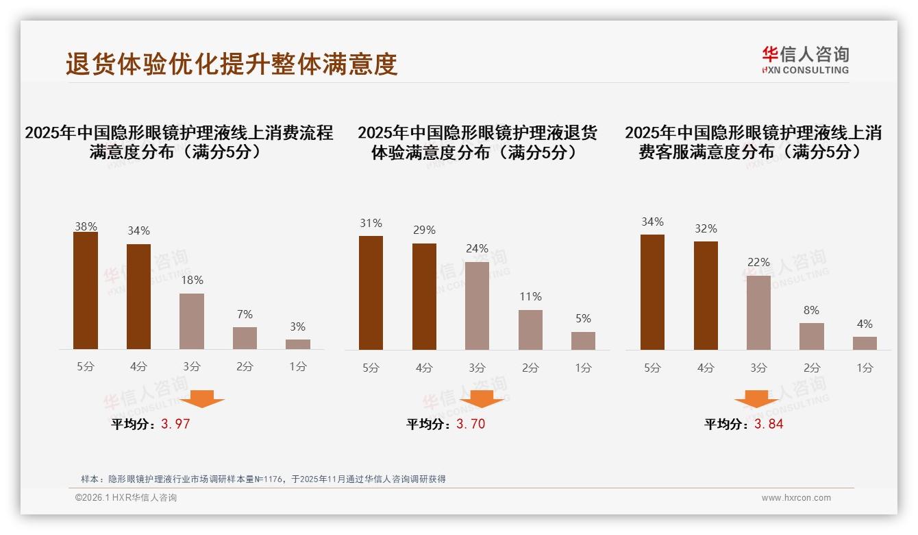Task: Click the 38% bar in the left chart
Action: (x=86, y=291)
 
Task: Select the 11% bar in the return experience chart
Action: (x=530, y=330)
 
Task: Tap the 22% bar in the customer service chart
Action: (x=758, y=313)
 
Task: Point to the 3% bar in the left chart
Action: (x=298, y=344)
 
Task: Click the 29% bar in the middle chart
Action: (x=424, y=296)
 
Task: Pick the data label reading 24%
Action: (x=477, y=249)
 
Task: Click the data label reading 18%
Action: (x=192, y=281)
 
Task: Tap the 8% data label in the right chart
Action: (x=811, y=311)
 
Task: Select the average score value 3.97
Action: (x=175, y=424)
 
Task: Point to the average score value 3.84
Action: (x=769, y=424)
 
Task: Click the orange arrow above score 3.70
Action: (x=482, y=399)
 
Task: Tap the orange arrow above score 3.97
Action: (x=202, y=399)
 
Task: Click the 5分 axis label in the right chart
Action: (x=652, y=368)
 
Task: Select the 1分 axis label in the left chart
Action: (x=298, y=367)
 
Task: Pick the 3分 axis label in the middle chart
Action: (x=477, y=368)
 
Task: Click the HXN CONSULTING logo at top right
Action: (x=805, y=60)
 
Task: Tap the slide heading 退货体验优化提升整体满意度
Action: (x=232, y=64)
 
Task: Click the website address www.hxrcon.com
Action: (x=796, y=498)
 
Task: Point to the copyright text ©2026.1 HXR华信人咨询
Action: (x=126, y=498)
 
